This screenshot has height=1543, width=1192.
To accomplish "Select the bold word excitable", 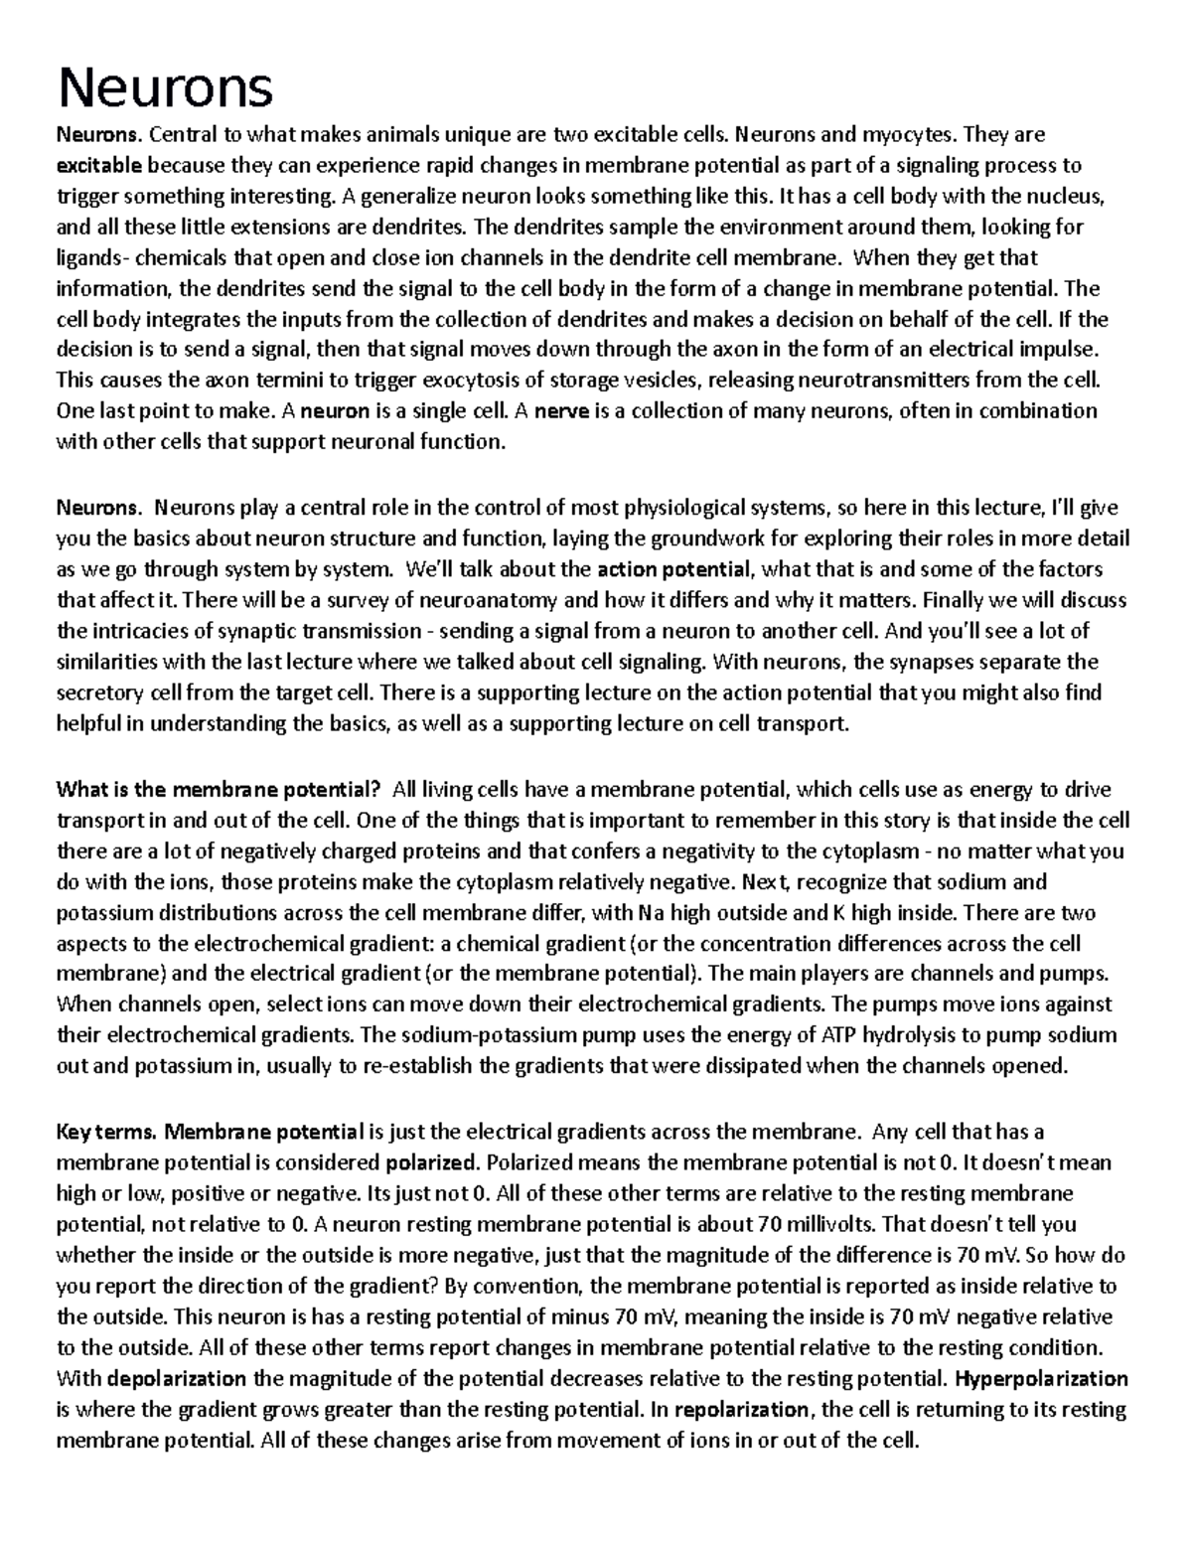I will pos(99,165).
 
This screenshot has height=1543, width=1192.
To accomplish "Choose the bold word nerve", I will pos(561,411).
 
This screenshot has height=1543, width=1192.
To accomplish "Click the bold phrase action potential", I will pos(674,570).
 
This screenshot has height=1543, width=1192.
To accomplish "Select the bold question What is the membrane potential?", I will pos(219,790).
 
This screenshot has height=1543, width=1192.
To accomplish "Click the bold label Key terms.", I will pos(106,1132).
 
